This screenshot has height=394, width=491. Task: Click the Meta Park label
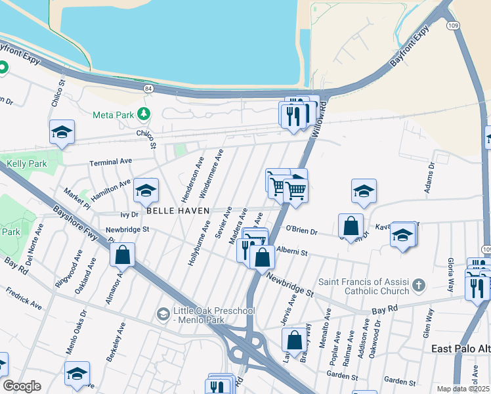point(112,114)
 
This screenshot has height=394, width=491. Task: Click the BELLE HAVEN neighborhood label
point(177,211)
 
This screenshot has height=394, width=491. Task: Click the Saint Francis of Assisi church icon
point(418,286)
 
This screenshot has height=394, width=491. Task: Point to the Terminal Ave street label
point(111,162)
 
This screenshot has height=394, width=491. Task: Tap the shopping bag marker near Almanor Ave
point(123,255)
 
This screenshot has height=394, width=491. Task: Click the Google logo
point(22,386)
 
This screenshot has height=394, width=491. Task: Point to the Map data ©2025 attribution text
point(463,389)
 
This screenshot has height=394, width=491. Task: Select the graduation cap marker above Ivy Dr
point(146,190)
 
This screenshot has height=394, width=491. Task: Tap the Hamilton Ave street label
point(111,188)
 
